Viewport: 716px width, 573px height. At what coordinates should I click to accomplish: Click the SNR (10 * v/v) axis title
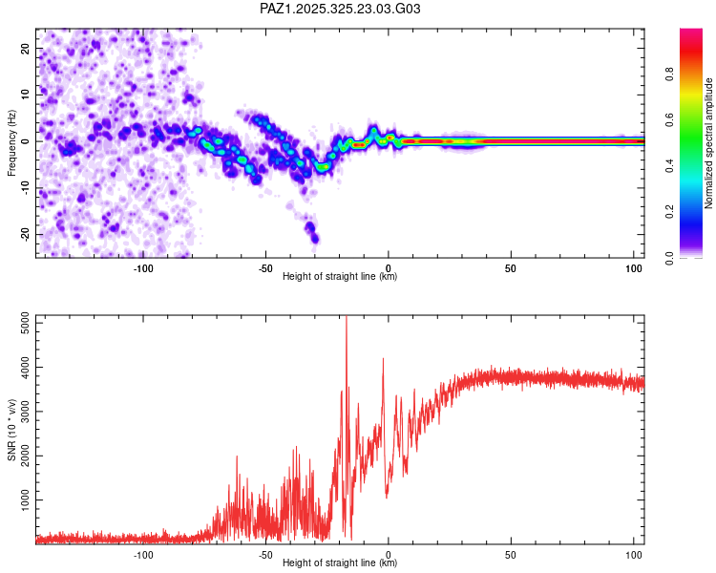coord(11,430)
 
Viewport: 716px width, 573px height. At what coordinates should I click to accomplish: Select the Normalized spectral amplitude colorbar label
coord(709,143)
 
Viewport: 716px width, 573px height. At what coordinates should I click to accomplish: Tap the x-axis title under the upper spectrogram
coord(340,277)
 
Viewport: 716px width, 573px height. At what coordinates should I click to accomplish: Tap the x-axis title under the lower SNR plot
coord(340,563)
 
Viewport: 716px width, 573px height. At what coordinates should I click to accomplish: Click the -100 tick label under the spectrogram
coord(143,268)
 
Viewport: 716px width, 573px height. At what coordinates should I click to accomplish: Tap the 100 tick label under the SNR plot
coord(633,555)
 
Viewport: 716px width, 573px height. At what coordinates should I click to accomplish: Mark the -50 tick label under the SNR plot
coord(265,555)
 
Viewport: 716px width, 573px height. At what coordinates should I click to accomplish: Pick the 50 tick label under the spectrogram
coord(511,268)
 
